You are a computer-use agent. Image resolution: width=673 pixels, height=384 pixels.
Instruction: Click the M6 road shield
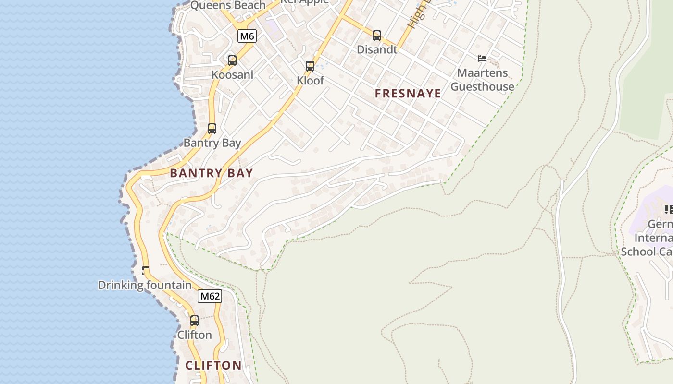pos(247,36)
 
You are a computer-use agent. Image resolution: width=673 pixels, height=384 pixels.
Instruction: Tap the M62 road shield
pos(210,296)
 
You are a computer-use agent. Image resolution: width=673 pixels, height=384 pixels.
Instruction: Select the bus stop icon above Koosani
pos(232,60)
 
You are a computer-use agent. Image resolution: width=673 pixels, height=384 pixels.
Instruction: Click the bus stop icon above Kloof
pos(310,66)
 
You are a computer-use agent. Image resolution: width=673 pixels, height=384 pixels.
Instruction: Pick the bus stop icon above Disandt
pos(377,36)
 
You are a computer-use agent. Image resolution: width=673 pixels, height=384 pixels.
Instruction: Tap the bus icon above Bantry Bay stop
pos(212,129)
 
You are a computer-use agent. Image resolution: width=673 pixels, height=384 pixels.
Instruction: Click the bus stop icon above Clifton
pos(195,321)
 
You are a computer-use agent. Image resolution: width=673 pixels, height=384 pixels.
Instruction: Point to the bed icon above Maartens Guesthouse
pos(482,59)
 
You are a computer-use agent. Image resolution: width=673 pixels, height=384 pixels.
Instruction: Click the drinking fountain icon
pos(145,271)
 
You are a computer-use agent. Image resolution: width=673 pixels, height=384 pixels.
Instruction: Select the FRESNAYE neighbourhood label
pos(408,94)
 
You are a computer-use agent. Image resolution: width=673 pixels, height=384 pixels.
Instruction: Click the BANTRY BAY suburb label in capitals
pos(212,173)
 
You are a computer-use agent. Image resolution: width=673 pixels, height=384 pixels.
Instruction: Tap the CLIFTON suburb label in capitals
pos(213,365)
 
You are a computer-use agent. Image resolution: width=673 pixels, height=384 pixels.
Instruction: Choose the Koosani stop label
pos(232,75)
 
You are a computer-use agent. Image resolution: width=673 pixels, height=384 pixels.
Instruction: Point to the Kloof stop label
pos(310,81)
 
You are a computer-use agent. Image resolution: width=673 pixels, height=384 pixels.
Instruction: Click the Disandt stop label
pos(377,49)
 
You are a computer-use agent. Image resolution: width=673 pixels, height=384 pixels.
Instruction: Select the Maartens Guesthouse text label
pos(482,80)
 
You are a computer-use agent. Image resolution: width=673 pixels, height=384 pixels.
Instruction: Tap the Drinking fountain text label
pos(145,285)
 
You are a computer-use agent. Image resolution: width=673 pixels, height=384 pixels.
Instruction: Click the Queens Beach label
pos(228,5)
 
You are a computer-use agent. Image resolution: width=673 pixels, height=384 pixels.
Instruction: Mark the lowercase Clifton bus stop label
pos(195,335)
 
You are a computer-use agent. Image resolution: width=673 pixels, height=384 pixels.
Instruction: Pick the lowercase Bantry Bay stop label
pos(212,143)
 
